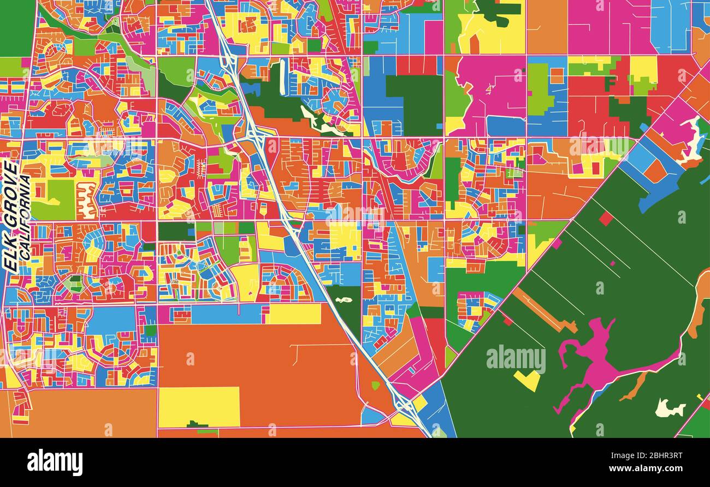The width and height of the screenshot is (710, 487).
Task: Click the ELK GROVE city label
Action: coord(11,215)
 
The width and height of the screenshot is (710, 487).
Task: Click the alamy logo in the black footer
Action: coord(55,462)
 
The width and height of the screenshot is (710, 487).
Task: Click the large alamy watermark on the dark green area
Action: coord(516,359)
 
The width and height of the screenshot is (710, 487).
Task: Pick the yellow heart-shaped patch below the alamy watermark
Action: coord(527,380)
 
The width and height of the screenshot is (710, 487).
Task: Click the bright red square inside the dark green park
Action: coord(605,219)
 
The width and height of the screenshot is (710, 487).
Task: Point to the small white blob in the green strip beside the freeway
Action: coord(343,300)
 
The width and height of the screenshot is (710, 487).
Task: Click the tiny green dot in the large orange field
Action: coord(375,386)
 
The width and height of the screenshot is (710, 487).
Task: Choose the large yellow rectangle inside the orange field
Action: coord(199,406)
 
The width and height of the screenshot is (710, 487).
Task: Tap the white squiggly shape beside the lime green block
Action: coord(87,199)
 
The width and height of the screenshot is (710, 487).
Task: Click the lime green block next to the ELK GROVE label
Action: coord(54,199)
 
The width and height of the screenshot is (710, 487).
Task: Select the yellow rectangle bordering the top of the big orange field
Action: coord(294,314)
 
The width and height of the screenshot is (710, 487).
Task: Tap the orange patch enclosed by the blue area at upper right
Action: coord(654,170)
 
